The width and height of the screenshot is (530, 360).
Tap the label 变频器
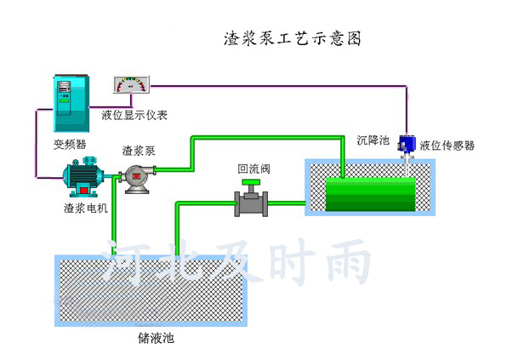(x=70, y=144)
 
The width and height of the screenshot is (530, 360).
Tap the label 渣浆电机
(x=85, y=208)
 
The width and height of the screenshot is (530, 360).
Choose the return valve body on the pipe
(x=251, y=204)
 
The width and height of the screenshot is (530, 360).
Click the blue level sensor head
(x=406, y=144)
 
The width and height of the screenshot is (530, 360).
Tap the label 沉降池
(x=373, y=140)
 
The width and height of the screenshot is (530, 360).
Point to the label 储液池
(x=156, y=338)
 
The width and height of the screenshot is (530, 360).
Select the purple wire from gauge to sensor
(x=281, y=85)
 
